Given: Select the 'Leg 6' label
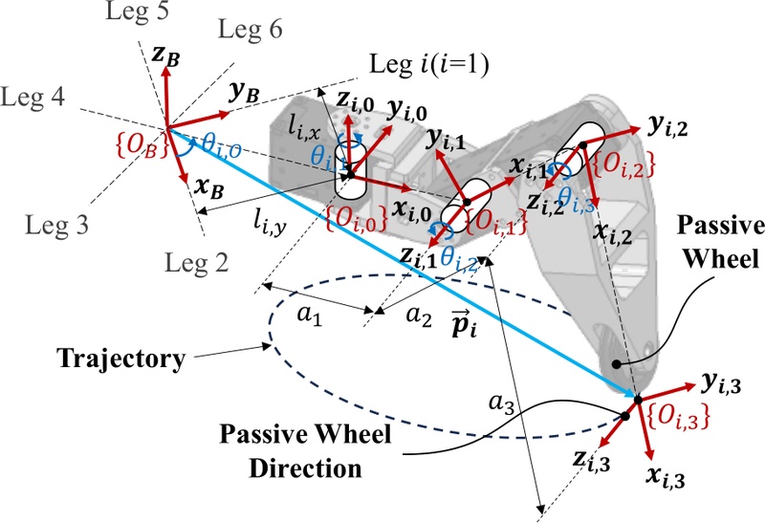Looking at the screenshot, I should (x=251, y=30).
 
